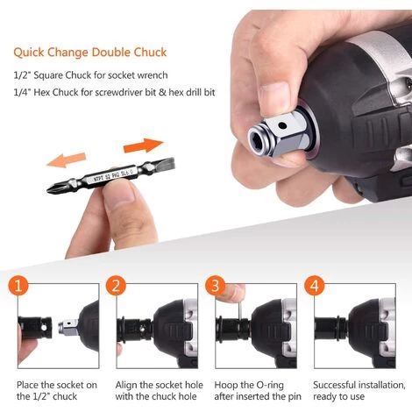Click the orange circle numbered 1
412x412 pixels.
click(18, 286)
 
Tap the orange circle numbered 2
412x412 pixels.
click(116, 286)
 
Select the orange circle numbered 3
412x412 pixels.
click(216, 286)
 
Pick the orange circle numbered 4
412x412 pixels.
click(315, 286)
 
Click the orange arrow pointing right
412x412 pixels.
click(143, 146)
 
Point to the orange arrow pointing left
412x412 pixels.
click(67, 160)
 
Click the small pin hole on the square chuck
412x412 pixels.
click(282, 125)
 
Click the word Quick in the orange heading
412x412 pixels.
click(29, 53)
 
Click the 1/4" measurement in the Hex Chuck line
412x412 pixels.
click(22, 92)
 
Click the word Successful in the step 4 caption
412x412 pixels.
click(334, 385)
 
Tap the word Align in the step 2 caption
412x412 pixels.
click(126, 386)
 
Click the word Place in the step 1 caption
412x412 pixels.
click(27, 385)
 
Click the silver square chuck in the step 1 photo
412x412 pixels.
click(68, 326)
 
